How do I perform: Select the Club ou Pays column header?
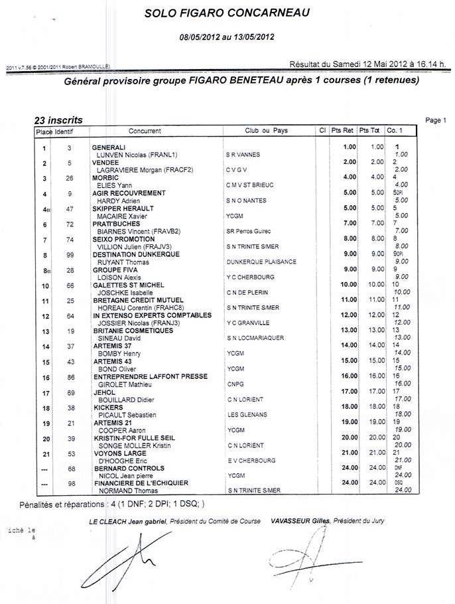coord(265,131)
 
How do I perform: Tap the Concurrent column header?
coord(145,131)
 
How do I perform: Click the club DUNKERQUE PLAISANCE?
coord(260,262)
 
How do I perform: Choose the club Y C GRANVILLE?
coord(247,323)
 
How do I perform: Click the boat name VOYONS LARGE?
coord(115,453)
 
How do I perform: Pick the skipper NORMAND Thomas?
coord(122,491)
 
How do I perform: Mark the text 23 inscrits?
coord(58,120)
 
